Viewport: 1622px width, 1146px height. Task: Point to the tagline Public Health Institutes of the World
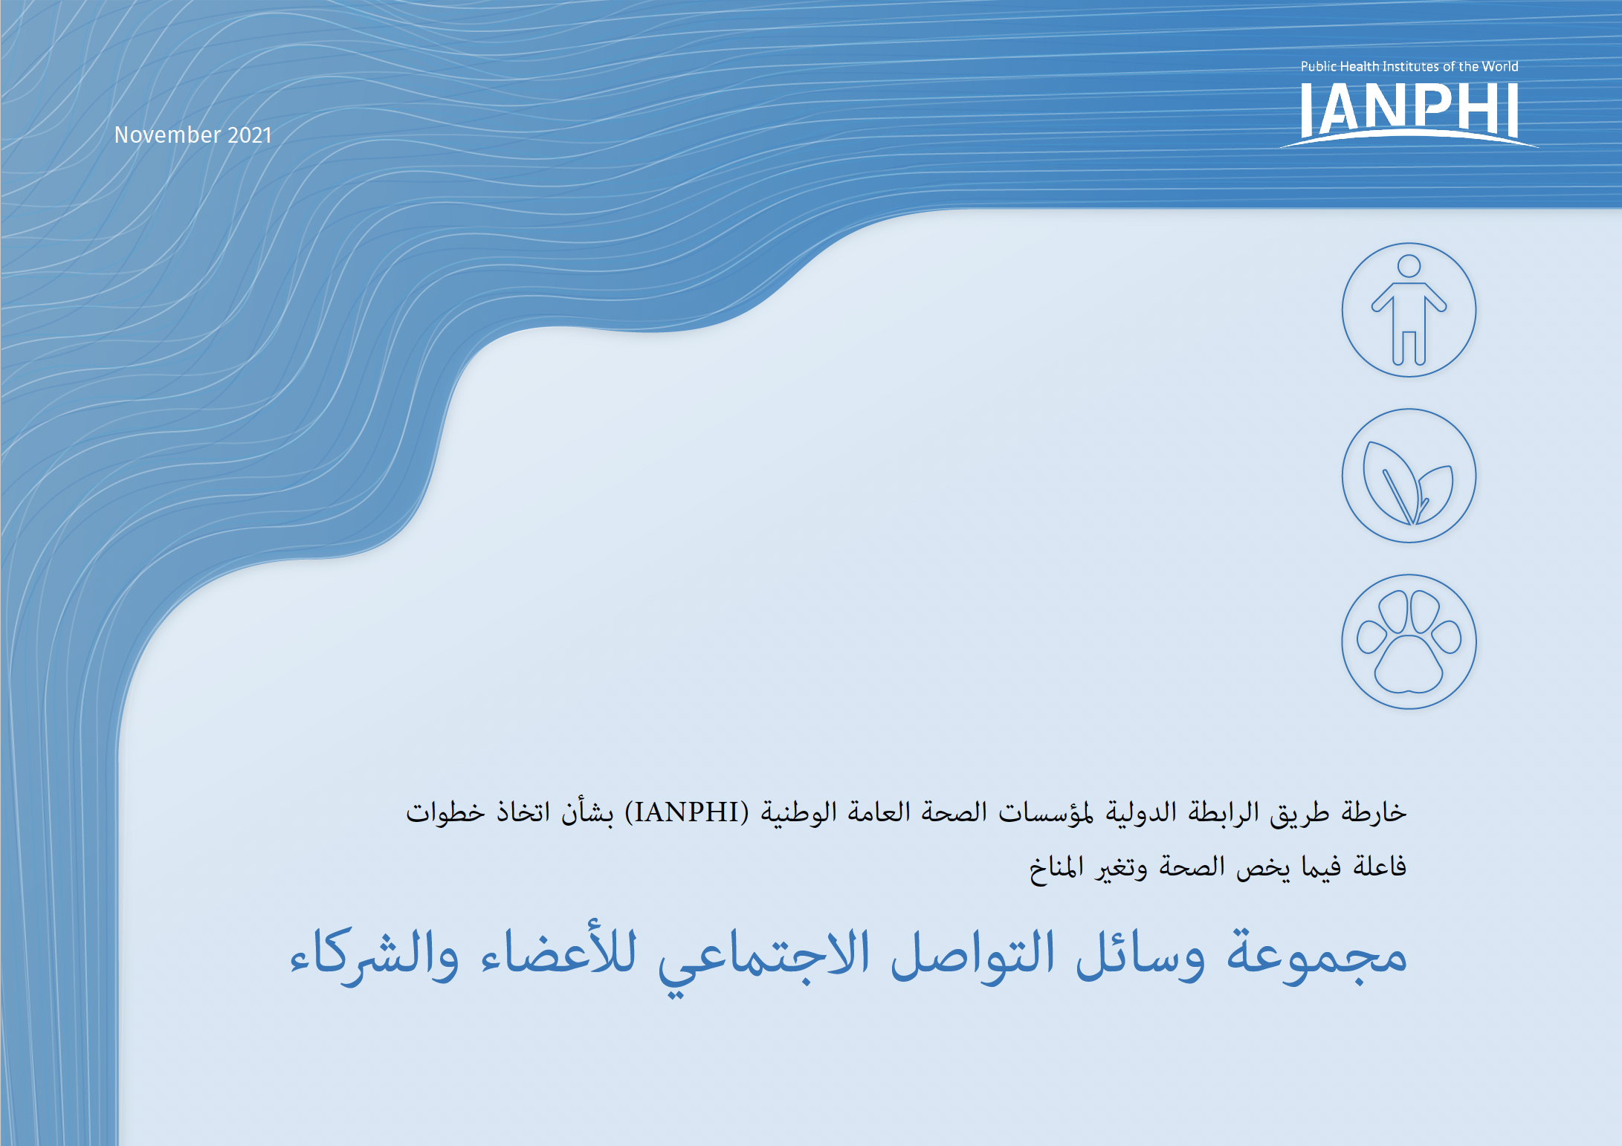[x=1409, y=66]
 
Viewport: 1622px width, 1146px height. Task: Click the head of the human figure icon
[x=1409, y=265]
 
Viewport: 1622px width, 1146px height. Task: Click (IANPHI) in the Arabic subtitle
[x=687, y=812]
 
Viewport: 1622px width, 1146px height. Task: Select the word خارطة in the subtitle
[x=1374, y=812]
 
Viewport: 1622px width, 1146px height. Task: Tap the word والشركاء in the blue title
[x=375, y=956]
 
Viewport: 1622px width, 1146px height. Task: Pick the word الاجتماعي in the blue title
[x=764, y=959]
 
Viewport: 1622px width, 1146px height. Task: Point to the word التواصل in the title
[x=973, y=954]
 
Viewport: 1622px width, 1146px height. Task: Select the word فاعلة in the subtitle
[x=1380, y=867]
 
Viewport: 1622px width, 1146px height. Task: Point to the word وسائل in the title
[x=1140, y=956]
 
